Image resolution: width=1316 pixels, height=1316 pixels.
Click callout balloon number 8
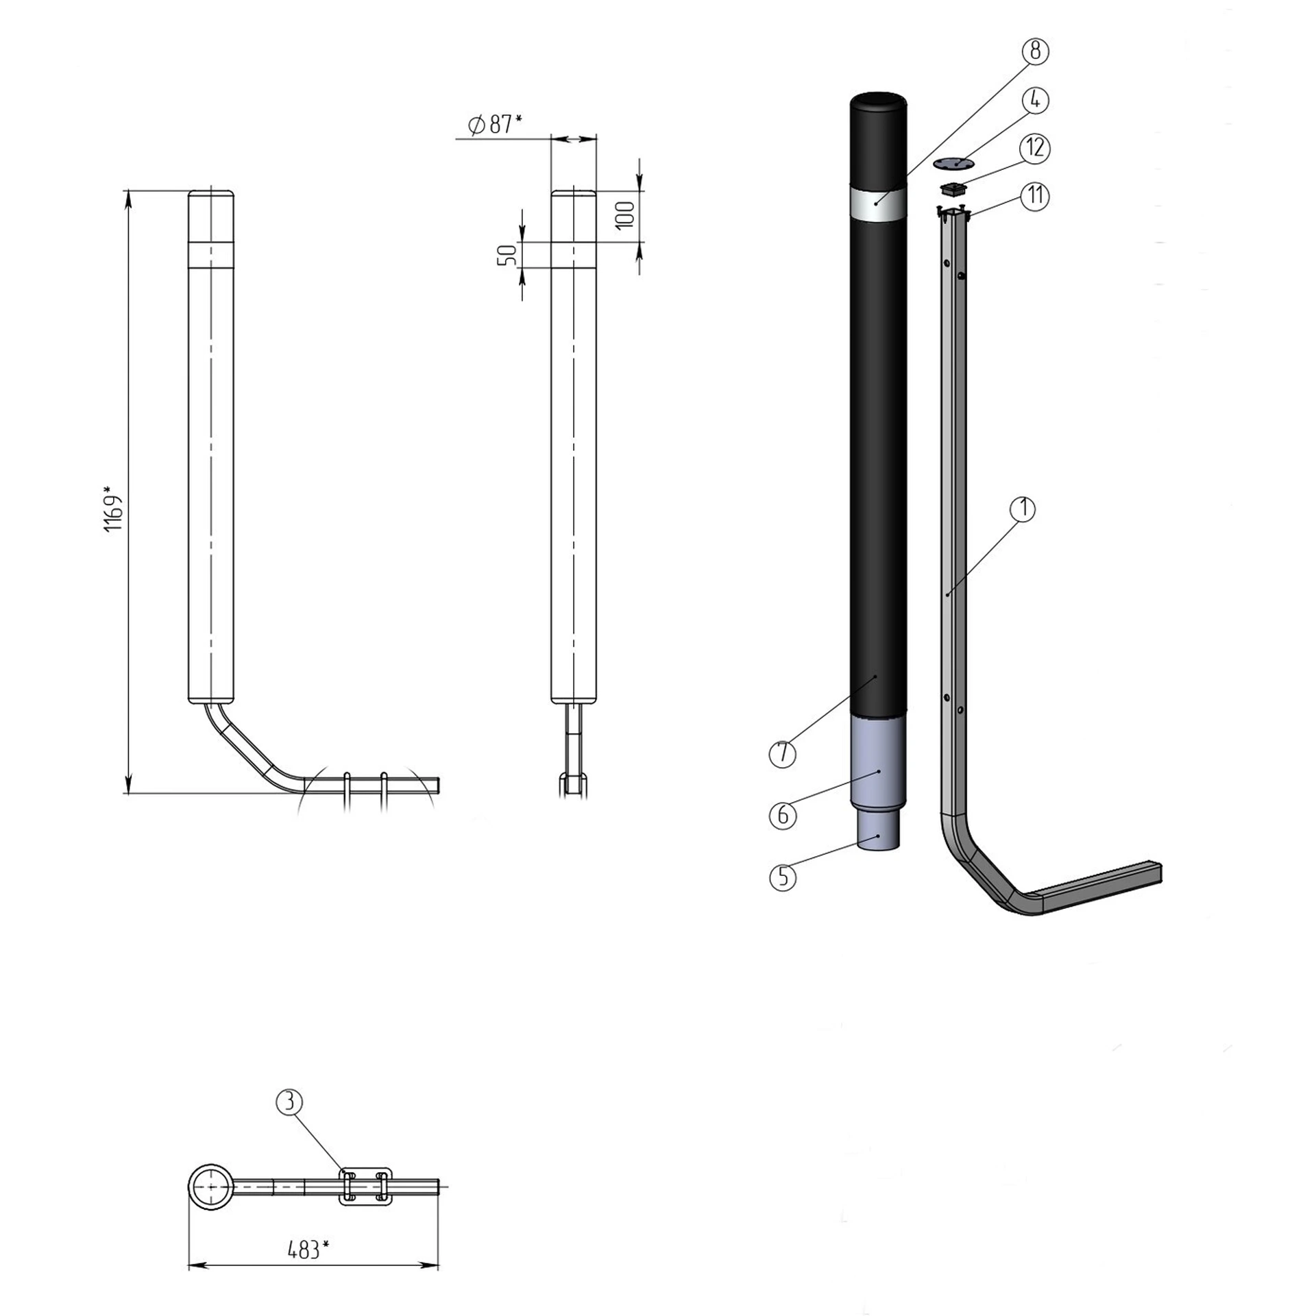(x=1035, y=51)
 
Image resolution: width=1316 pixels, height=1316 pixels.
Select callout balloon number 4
(x=1035, y=100)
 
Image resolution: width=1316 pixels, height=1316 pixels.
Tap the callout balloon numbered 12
(x=1035, y=147)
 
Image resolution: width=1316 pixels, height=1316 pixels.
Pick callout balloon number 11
(x=1035, y=196)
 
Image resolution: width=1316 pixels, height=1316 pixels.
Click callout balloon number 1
(x=1023, y=509)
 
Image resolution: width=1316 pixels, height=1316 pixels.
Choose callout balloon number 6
(x=783, y=816)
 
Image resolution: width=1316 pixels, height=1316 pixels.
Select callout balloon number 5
(x=783, y=877)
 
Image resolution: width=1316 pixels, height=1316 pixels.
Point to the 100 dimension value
(x=625, y=215)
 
